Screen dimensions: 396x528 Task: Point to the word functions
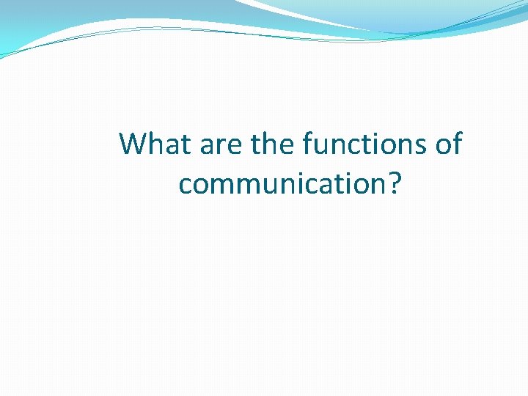[x=363, y=144]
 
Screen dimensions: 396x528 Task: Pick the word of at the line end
[x=449, y=144]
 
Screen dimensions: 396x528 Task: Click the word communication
[x=281, y=184]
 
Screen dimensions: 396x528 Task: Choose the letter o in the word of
[x=443, y=146]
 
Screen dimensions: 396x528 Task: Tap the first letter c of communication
[x=186, y=186]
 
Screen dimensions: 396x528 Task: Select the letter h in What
[x=155, y=144]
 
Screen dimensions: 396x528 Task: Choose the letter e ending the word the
[x=287, y=146]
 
